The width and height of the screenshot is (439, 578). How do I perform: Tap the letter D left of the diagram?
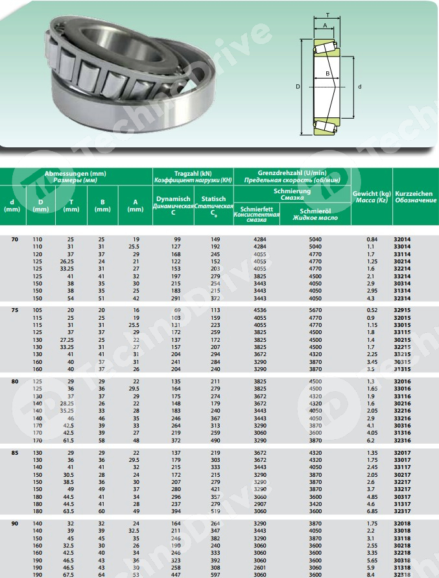(298, 86)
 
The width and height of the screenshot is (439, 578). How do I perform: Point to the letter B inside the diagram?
(328, 74)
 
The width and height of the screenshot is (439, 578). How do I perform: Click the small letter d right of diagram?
(359, 86)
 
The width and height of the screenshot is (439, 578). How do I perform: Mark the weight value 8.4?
(372, 573)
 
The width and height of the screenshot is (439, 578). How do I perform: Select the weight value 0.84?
(372, 239)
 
